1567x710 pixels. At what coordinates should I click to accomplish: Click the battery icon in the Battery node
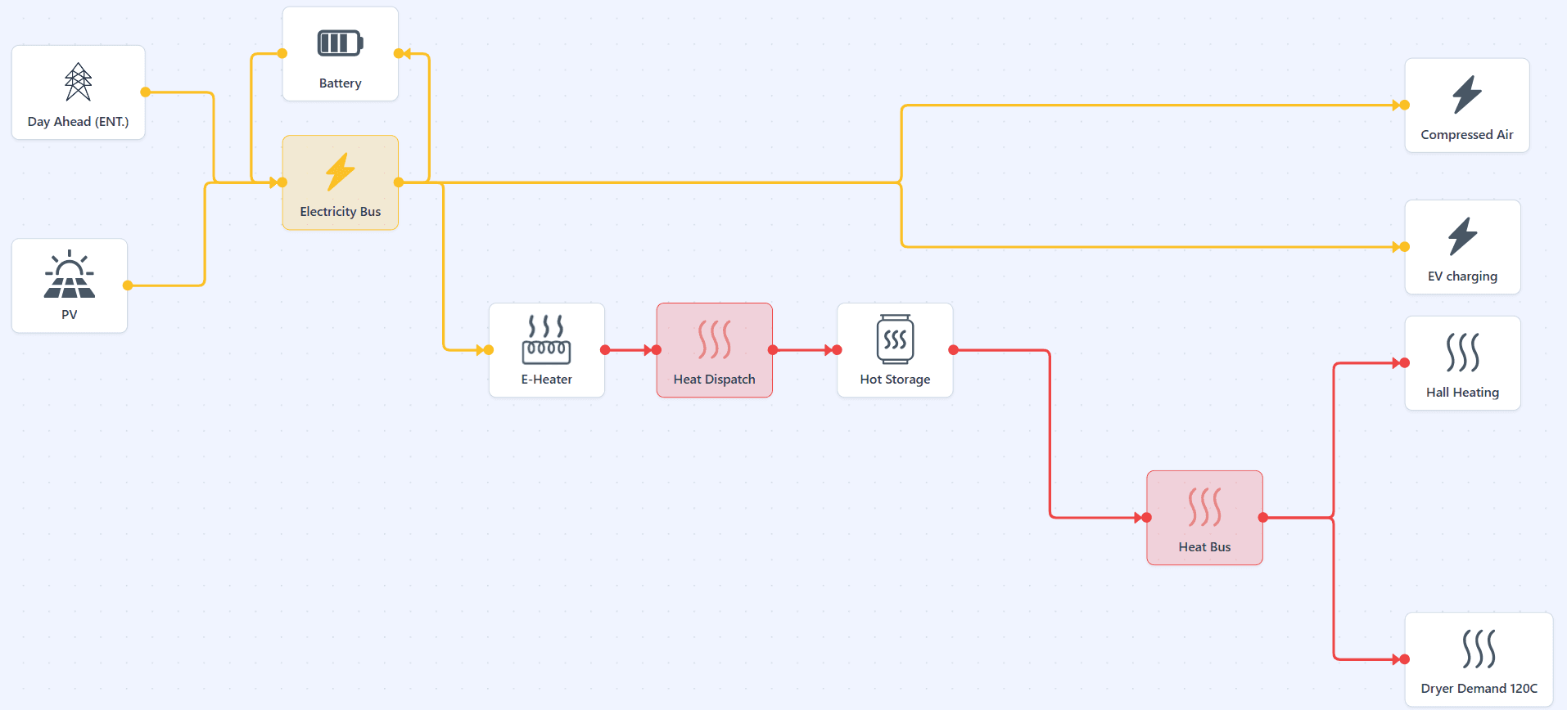(340, 43)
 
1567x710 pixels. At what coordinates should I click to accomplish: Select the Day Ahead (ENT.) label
(79, 122)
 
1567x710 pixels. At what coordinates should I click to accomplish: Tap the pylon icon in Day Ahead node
(79, 82)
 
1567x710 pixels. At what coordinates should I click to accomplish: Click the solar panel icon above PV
(70, 274)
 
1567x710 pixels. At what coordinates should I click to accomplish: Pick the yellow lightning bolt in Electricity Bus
(341, 172)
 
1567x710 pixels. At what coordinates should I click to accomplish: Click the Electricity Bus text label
(341, 212)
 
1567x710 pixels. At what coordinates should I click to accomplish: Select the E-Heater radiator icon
(547, 339)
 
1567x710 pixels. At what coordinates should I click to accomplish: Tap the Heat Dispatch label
(715, 380)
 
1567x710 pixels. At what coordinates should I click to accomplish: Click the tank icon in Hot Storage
(895, 339)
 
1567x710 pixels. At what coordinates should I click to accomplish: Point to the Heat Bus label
(1205, 547)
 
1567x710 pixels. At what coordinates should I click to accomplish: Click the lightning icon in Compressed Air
(1467, 95)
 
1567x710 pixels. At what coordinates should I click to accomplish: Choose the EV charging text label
(1463, 276)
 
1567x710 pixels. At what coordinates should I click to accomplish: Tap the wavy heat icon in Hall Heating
(1463, 353)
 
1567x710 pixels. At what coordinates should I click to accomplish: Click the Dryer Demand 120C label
(1479, 689)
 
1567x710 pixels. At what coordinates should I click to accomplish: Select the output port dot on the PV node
(128, 285)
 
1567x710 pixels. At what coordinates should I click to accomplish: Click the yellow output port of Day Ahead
(146, 92)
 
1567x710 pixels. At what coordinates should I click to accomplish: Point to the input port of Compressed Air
(1405, 105)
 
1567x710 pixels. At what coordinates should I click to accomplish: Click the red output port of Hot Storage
(954, 350)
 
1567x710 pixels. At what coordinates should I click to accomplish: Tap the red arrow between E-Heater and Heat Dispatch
(630, 350)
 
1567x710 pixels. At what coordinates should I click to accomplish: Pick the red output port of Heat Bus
(1263, 518)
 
